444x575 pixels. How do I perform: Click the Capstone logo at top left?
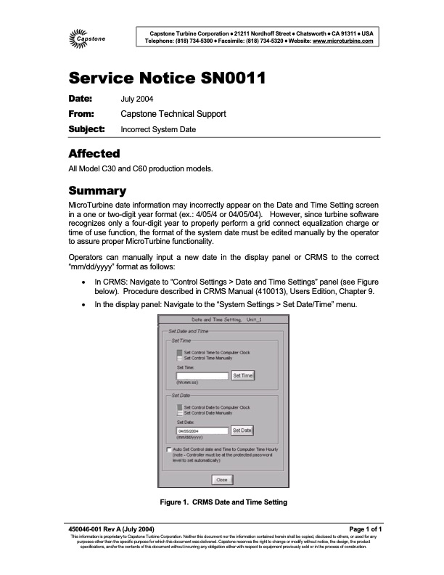pos(86,37)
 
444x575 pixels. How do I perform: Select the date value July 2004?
pos(136,99)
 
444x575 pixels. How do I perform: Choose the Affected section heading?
pos(94,153)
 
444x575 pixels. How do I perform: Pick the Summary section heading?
pos(98,191)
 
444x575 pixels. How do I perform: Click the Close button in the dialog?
pos(221,479)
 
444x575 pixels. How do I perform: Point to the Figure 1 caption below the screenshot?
pos(222,502)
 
